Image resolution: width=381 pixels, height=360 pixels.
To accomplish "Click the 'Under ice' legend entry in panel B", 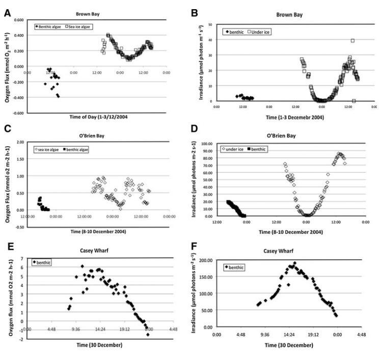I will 261,32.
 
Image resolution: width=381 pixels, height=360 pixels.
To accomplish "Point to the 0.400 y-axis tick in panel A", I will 18,36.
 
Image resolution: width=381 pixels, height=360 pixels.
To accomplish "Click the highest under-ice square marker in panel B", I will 352,41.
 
